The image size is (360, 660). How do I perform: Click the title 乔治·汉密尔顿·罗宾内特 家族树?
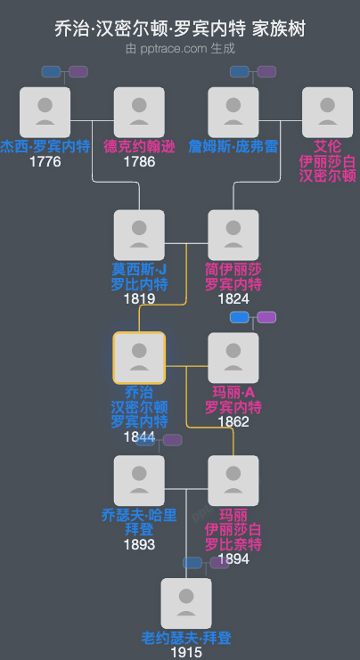pyautogui.click(x=180, y=29)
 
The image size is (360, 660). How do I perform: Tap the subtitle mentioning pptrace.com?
pyautogui.click(x=180, y=49)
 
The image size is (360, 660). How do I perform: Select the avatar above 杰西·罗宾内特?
pyautogui.click(x=45, y=111)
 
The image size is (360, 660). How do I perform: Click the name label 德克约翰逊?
pyautogui.click(x=139, y=147)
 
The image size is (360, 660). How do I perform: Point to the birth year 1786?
pyautogui.click(x=139, y=161)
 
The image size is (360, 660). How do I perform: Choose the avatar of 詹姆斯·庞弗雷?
pyautogui.click(x=233, y=111)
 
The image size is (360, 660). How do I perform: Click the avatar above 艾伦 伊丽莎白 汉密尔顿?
pyautogui.click(x=327, y=111)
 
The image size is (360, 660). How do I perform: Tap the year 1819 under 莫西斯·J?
pyautogui.click(x=139, y=298)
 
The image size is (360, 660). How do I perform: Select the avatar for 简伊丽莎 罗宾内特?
pyautogui.click(x=233, y=235)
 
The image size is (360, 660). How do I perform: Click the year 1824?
pyautogui.click(x=233, y=298)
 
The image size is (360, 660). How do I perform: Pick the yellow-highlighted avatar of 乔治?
pyautogui.click(x=139, y=358)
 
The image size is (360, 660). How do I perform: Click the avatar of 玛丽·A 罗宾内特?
pyautogui.click(x=233, y=358)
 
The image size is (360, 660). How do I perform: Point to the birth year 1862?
pyautogui.click(x=233, y=421)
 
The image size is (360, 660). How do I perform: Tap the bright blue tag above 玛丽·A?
pyautogui.click(x=240, y=317)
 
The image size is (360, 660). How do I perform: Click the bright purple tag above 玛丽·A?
pyautogui.click(x=266, y=317)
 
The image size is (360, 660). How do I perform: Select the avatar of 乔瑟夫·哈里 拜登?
pyautogui.click(x=139, y=481)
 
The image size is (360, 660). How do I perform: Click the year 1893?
pyautogui.click(x=139, y=544)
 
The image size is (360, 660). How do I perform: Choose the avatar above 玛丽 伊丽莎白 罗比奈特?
pyautogui.click(x=233, y=481)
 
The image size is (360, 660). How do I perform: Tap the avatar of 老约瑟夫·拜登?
pyautogui.click(x=186, y=603)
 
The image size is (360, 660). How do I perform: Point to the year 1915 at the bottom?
pyautogui.click(x=186, y=652)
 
